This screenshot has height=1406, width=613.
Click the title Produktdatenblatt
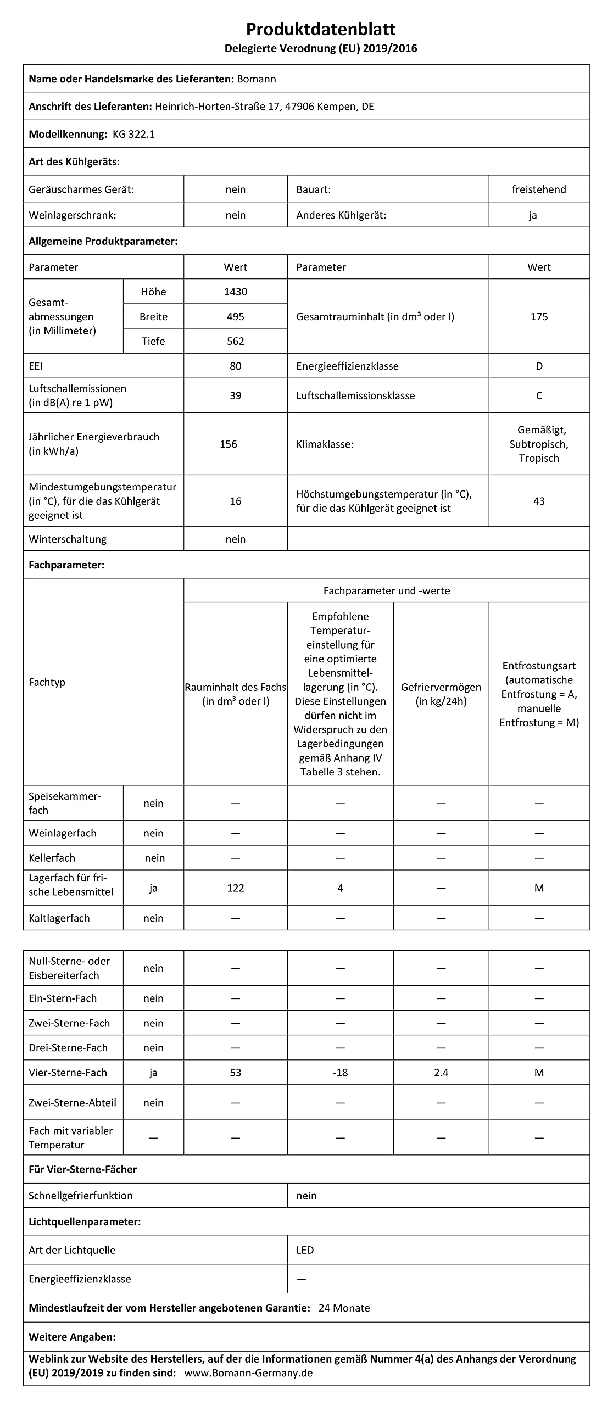coord(321,29)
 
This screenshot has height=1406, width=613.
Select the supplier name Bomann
coord(256,79)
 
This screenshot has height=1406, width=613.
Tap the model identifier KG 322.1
coord(133,134)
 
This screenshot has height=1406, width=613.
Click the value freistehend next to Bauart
coord(538,189)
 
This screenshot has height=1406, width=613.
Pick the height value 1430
coord(235,292)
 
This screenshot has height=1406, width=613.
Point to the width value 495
coord(235,316)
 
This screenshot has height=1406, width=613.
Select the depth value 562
coord(235,341)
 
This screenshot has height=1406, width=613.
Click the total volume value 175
coord(539,316)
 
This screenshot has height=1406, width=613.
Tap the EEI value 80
coord(235,366)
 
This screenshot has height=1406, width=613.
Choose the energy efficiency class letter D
coord(539,366)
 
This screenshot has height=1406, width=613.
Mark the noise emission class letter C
coord(539,395)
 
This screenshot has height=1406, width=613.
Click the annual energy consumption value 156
coord(228,444)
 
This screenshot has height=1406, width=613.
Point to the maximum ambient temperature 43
coord(539,501)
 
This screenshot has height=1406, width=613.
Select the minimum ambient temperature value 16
coord(235,501)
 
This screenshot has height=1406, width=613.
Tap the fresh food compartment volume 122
coord(235,888)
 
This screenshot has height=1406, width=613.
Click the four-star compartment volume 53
coord(235,1073)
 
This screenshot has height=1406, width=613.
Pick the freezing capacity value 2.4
coord(441,1073)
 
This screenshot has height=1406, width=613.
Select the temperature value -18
coord(340,1073)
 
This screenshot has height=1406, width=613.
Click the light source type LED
coord(305,1250)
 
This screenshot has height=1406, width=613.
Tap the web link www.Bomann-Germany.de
coord(248,1373)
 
